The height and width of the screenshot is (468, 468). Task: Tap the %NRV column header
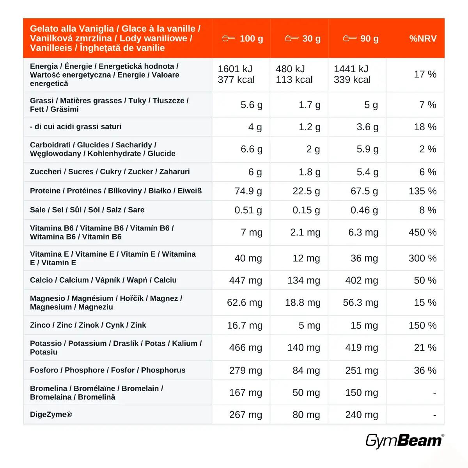423,38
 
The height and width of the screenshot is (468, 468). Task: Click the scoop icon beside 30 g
291,38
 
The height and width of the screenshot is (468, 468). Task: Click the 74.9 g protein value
248,191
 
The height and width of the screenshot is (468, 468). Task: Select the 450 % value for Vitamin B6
423,232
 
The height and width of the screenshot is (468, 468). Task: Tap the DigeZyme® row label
51,414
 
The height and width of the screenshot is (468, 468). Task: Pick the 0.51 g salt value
248,210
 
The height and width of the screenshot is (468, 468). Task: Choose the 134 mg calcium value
303,280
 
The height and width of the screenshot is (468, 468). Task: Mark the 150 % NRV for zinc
423,325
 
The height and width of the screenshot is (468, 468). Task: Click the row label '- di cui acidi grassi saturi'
76,126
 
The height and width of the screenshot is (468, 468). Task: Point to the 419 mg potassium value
362,347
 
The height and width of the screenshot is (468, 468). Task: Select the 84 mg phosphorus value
306,370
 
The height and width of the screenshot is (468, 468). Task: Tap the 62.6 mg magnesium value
245,303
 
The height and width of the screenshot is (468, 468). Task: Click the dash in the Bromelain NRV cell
435,393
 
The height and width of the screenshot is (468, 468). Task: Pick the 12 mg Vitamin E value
306,258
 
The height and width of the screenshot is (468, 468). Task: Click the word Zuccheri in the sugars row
46,172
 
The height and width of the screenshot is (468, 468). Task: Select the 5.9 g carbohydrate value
367,149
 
